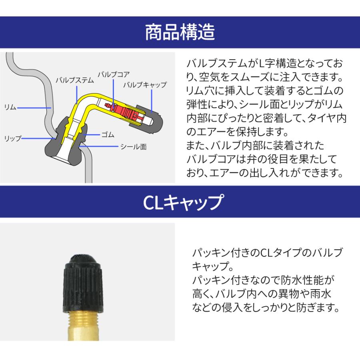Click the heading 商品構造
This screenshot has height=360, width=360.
(x=180, y=32)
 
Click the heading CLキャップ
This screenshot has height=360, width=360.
(x=183, y=202)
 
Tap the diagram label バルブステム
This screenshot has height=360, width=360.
(x=75, y=80)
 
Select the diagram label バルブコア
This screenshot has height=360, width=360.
(x=114, y=74)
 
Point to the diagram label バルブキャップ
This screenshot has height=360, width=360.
(x=145, y=85)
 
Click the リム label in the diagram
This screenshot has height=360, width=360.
(x=10, y=107)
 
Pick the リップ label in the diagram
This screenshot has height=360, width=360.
(x=13, y=138)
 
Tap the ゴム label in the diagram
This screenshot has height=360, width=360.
(x=108, y=134)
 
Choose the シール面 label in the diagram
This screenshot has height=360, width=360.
(x=133, y=146)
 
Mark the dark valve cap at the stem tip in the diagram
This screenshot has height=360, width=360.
(x=146, y=119)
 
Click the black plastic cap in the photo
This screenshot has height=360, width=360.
(x=83, y=284)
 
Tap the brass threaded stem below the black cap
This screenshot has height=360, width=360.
(x=84, y=326)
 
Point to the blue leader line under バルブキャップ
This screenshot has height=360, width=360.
(x=152, y=101)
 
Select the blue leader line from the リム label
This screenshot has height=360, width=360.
(x=34, y=108)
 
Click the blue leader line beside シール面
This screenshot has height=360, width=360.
(x=99, y=146)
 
